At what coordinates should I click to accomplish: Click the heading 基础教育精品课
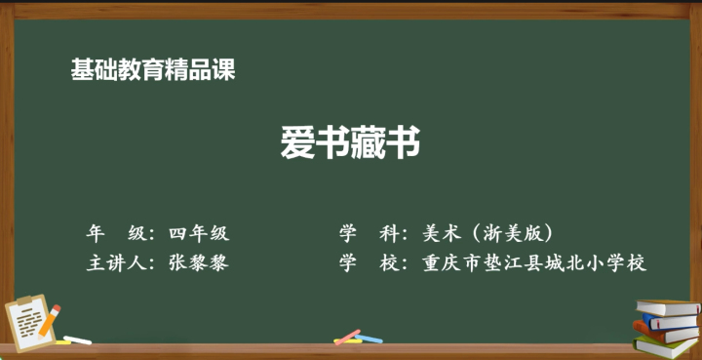click(x=153, y=70)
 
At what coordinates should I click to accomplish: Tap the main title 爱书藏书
click(x=351, y=141)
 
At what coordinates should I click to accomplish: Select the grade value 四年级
click(x=199, y=234)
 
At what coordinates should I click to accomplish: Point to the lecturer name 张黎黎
click(x=199, y=263)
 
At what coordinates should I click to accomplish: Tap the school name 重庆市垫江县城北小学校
click(x=534, y=263)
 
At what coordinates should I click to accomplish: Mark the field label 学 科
click(x=370, y=234)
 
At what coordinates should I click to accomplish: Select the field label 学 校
click(x=370, y=263)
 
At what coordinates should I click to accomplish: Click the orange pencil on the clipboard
click(x=49, y=322)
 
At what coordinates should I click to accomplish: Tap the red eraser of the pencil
click(x=56, y=308)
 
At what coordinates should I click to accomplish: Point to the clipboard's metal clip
click(x=24, y=300)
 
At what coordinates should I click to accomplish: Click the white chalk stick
click(x=77, y=340)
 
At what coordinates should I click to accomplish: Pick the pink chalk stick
click(x=348, y=338)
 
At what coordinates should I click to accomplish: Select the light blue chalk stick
click(x=369, y=339)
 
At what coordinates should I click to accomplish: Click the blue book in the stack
click(x=670, y=322)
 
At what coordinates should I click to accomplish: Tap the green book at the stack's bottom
click(x=667, y=347)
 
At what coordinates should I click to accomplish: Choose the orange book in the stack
click(x=665, y=334)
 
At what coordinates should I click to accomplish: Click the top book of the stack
click(x=668, y=307)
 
